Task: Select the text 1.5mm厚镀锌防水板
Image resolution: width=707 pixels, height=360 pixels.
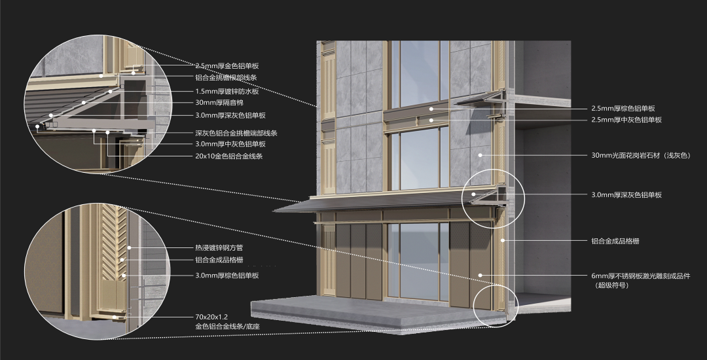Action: pyautogui.click(x=227, y=92)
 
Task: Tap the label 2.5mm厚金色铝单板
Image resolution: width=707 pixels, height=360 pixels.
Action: pyautogui.click(x=227, y=66)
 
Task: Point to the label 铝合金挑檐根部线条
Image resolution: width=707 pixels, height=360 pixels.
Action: pyautogui.click(x=226, y=77)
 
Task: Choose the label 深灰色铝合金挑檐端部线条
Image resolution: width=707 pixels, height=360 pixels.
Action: pyautogui.click(x=236, y=133)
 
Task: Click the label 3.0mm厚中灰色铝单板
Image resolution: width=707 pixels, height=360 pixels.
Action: pyautogui.click(x=230, y=144)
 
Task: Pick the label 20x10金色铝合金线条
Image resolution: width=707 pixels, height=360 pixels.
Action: pyautogui.click(x=229, y=156)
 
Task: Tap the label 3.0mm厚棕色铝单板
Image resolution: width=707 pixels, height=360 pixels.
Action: pyautogui.click(x=227, y=276)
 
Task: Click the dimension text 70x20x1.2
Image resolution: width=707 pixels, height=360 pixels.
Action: pyautogui.click(x=211, y=317)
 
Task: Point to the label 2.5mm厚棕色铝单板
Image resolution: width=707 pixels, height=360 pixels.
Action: pyautogui.click(x=623, y=109)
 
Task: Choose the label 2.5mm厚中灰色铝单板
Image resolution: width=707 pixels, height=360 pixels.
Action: pyautogui.click(x=626, y=120)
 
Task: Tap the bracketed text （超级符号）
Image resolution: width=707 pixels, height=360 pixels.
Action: pyautogui.click(x=611, y=285)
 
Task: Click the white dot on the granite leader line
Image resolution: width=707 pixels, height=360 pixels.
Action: pyautogui.click(x=480, y=155)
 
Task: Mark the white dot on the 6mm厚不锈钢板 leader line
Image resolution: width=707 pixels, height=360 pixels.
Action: pyautogui.click(x=480, y=276)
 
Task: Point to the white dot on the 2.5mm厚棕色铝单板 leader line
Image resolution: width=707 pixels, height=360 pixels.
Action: pyautogui.click(x=431, y=109)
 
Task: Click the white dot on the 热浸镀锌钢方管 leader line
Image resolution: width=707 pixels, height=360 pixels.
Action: pyautogui.click(x=130, y=247)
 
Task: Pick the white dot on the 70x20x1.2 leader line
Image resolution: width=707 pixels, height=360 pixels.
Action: pyautogui.click(x=115, y=317)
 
